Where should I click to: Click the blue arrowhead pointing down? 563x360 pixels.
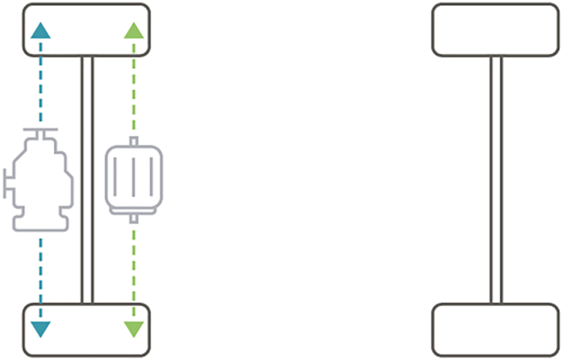point(41,329)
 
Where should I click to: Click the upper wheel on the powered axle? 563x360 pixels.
point(87,30)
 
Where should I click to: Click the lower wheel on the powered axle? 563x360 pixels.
point(87,329)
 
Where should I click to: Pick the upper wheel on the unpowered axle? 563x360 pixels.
point(497,30)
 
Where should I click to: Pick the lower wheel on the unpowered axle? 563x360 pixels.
point(497,329)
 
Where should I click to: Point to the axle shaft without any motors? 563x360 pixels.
point(496,180)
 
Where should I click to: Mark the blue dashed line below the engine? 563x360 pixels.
point(41,274)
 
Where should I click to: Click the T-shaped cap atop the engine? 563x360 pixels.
point(41,130)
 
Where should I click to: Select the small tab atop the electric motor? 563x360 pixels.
point(134,141)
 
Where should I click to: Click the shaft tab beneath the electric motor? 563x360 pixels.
point(134,218)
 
